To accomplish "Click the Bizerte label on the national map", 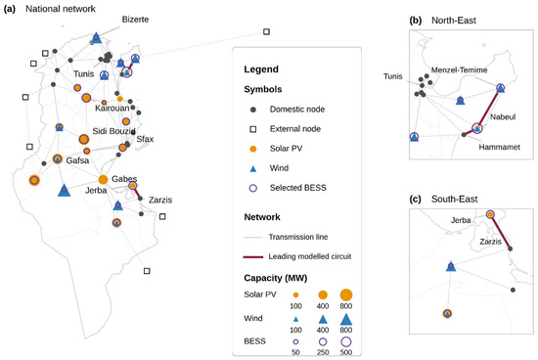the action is tap(135, 20).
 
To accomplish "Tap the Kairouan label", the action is tap(112, 109).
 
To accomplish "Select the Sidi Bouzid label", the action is tap(113, 131).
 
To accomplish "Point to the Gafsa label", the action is tap(77, 160).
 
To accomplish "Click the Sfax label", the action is tap(145, 139).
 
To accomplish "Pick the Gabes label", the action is tap(124, 179).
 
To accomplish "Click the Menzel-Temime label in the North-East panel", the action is tap(459, 70).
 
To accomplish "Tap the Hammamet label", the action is tap(499, 147).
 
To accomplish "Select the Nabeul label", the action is tap(503, 117).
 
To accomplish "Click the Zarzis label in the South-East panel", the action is tap(490, 242).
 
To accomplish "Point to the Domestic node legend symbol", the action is tap(253, 110).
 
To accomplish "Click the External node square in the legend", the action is tap(253, 129).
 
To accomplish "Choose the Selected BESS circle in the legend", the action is tap(253, 188).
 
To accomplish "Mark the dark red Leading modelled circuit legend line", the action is tap(253, 256).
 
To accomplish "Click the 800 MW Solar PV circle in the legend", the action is tap(346, 294).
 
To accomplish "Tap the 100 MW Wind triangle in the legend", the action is tap(295, 320).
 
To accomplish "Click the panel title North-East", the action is tap(454, 21).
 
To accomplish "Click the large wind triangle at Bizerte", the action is tap(97, 38).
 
